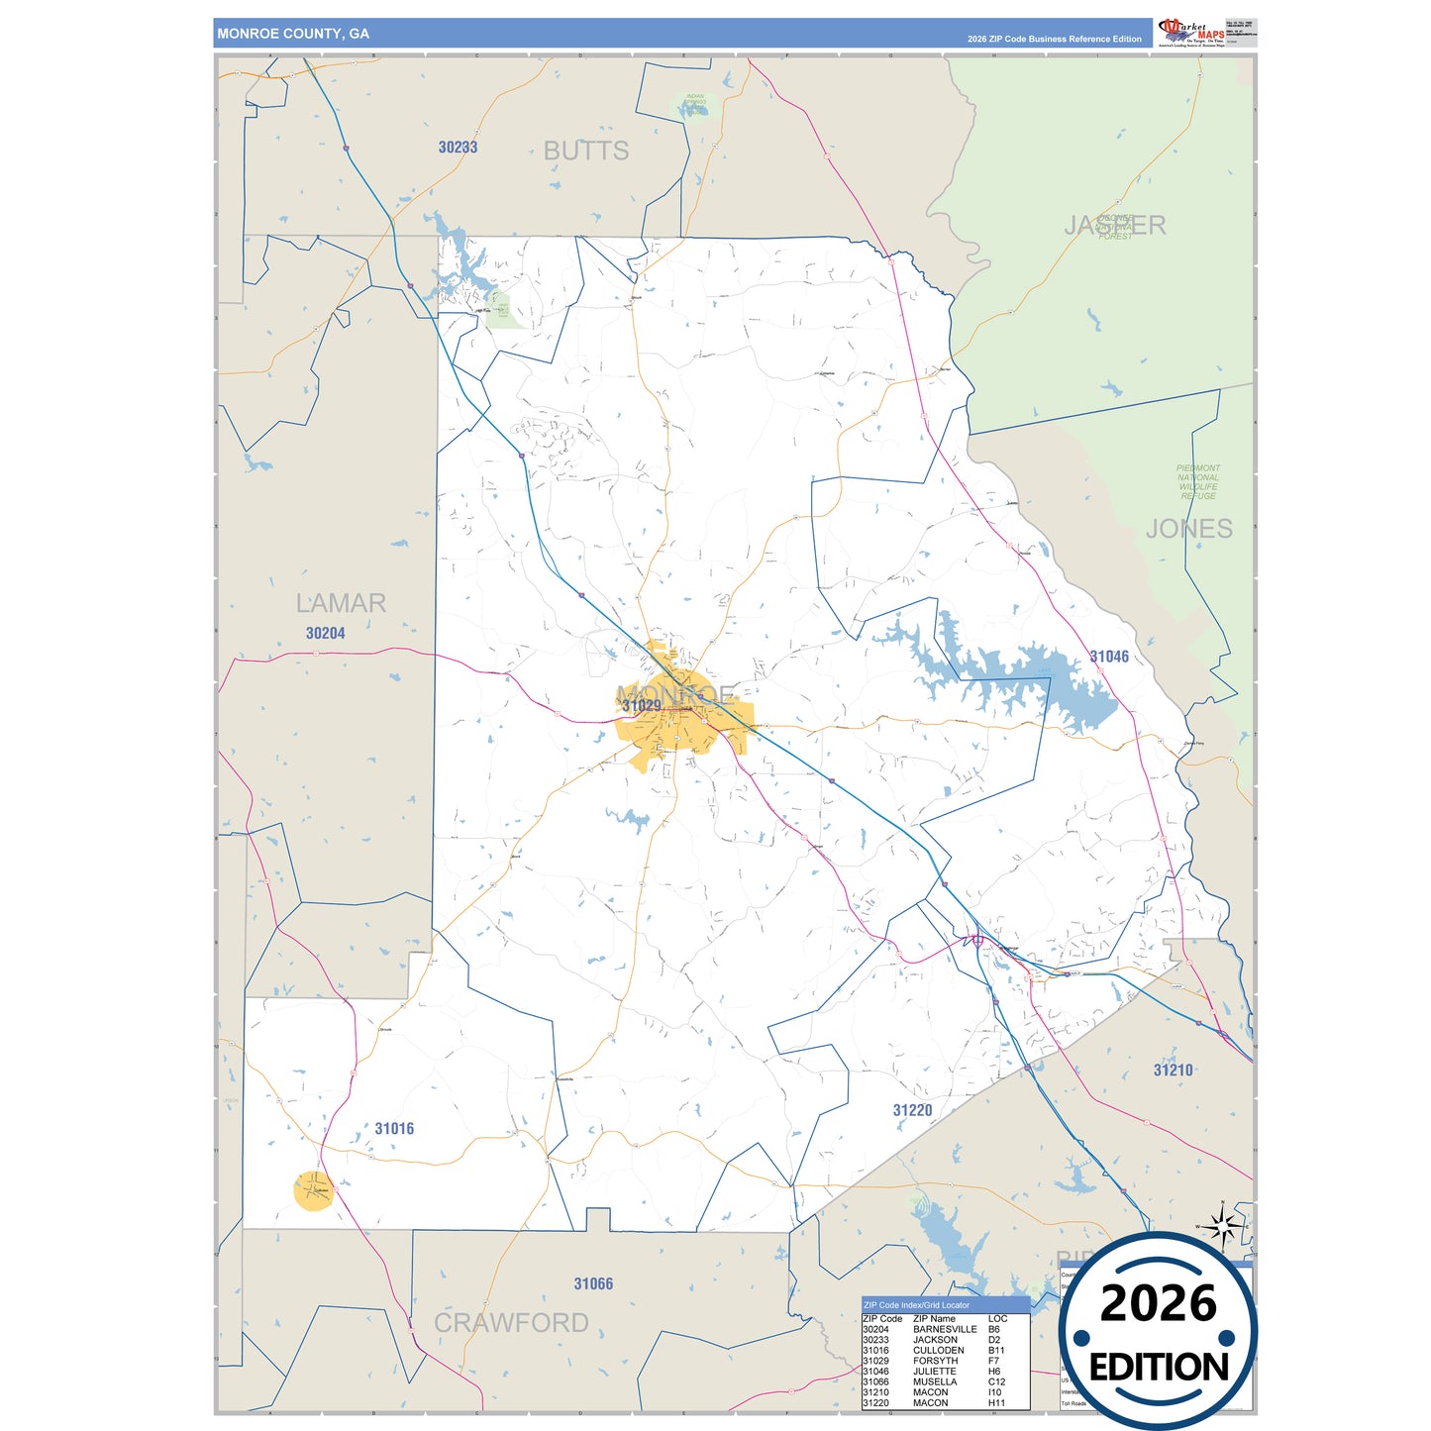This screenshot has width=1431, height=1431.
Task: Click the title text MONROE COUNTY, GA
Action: tap(293, 34)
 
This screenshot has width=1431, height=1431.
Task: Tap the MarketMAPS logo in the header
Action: tap(1191, 32)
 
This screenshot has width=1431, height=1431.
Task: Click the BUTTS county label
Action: tap(586, 152)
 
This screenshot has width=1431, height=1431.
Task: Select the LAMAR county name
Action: tap(341, 603)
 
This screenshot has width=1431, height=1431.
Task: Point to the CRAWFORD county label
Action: tap(511, 1323)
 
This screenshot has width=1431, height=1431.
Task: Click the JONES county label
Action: tap(1189, 529)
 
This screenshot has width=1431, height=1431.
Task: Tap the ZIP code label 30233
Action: tap(458, 148)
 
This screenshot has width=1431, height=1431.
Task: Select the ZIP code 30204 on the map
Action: tap(325, 634)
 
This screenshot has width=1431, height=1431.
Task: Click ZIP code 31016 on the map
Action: tap(394, 1129)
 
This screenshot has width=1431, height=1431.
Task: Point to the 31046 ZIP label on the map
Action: tap(1109, 657)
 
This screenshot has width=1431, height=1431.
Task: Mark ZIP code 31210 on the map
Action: tap(1173, 1071)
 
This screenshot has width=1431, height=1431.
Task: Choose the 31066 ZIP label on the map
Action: tap(593, 1284)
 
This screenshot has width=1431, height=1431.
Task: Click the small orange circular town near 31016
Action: tap(314, 1190)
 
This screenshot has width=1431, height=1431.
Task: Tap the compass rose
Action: tap(1224, 1227)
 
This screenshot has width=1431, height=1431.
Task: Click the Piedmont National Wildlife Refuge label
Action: tap(1198, 482)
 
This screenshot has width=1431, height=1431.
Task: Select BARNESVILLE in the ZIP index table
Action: tap(945, 1330)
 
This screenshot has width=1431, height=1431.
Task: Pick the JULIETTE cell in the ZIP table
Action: tap(934, 1372)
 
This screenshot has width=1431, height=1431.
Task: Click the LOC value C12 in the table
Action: tap(996, 1382)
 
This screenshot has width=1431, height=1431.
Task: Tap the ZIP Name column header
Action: tap(934, 1319)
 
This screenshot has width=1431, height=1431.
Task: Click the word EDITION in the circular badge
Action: tap(1159, 1368)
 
